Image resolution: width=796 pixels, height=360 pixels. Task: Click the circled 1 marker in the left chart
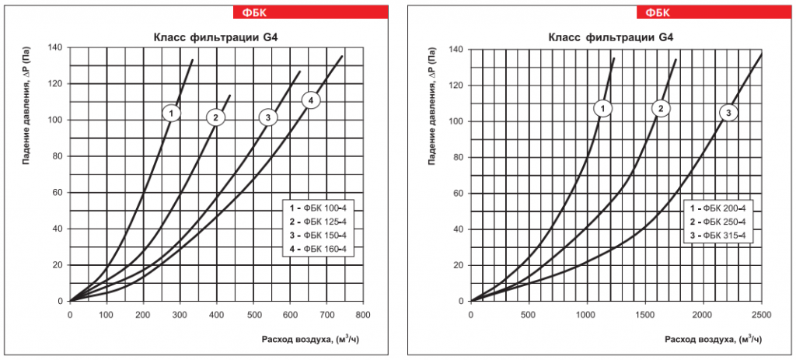[x=172, y=114]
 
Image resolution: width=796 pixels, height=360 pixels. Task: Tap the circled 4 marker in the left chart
[x=310, y=100]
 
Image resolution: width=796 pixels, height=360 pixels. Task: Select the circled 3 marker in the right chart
[x=728, y=114]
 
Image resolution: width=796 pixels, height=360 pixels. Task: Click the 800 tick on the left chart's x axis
[x=363, y=315]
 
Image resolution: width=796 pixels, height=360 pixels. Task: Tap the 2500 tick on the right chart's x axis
[x=761, y=315]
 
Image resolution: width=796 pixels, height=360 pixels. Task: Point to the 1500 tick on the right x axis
[x=644, y=315]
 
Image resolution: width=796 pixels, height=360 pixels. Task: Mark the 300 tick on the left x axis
[x=180, y=315]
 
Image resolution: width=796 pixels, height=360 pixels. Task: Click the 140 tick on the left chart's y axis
[x=54, y=47]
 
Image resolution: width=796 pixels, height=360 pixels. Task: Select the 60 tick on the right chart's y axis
[x=458, y=194]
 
